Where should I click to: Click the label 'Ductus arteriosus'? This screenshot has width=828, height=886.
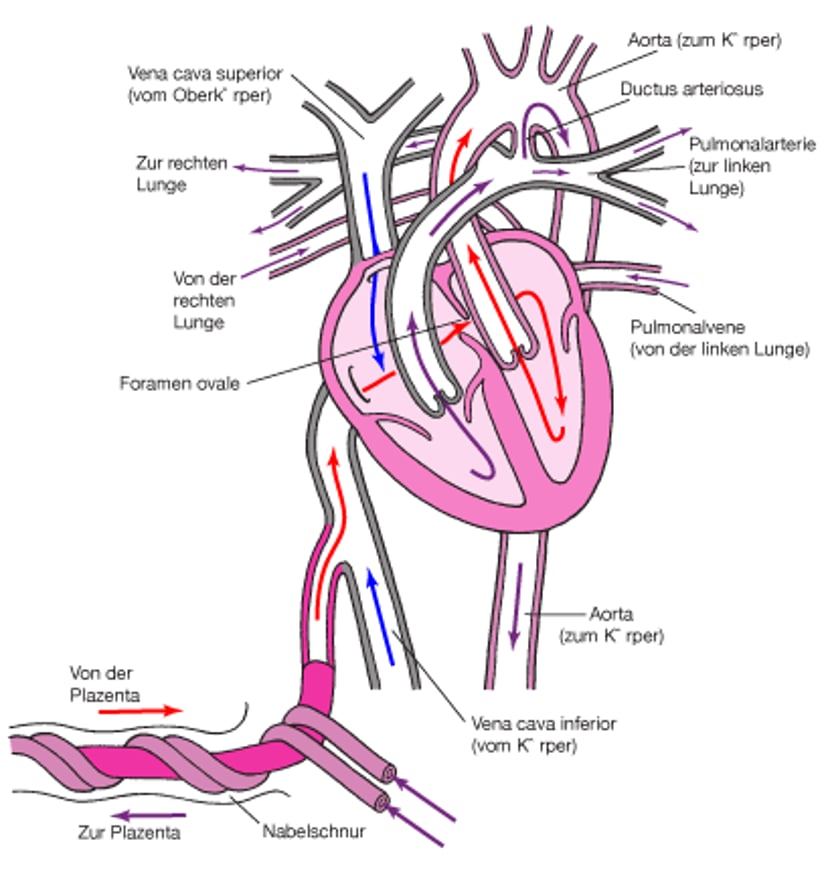pyautogui.click(x=691, y=89)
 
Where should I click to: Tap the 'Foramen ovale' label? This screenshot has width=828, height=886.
pyautogui.click(x=179, y=383)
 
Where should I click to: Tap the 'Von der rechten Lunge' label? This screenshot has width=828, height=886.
pyautogui.click(x=204, y=300)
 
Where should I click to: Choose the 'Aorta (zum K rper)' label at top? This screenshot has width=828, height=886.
pyautogui.click(x=704, y=42)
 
